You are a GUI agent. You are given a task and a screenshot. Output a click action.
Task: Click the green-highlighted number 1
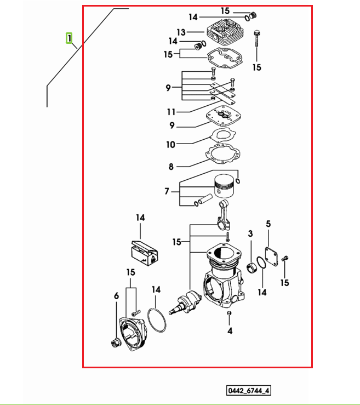click(x=69, y=38)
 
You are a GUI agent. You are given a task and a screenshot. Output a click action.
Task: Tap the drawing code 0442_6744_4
click(x=248, y=390)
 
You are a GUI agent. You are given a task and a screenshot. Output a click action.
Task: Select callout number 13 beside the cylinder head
click(x=181, y=32)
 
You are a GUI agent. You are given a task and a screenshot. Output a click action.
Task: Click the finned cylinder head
click(x=225, y=33)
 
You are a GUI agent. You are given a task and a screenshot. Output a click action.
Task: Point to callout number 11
click(x=171, y=112)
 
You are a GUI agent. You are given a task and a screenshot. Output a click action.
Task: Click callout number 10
click(x=171, y=144)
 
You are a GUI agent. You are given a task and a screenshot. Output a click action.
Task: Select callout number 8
click(x=171, y=167)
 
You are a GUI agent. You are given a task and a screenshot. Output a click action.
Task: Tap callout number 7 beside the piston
click(x=167, y=191)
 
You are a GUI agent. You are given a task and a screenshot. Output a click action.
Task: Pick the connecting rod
click(x=224, y=216)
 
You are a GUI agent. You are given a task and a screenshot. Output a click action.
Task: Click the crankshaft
click(x=185, y=301)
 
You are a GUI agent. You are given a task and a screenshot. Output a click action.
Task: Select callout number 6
click(x=117, y=296)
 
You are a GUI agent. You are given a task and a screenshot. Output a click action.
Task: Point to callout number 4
click(x=230, y=330)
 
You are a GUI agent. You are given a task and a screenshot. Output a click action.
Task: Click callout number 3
click(x=250, y=233)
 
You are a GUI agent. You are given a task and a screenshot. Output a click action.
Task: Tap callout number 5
click(x=268, y=224)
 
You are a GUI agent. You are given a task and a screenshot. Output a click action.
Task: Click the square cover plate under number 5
click(x=272, y=256)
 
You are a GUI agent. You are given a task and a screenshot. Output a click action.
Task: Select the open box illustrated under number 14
click(x=145, y=254)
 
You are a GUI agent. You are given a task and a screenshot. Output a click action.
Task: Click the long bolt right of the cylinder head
click(x=256, y=39)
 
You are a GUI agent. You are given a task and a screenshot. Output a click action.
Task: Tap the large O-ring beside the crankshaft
click(x=157, y=320)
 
